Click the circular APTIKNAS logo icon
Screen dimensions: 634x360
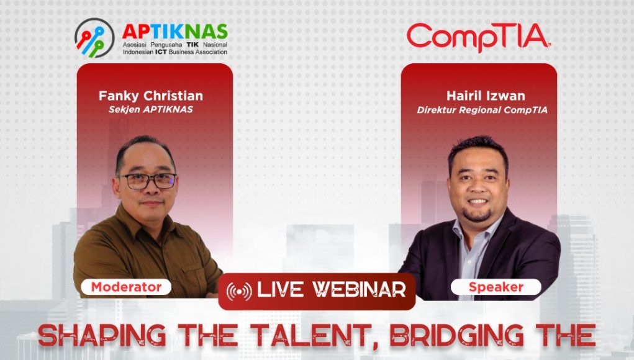click(94, 38)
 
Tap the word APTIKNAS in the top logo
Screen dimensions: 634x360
click(174, 32)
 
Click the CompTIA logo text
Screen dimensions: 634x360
click(479, 37)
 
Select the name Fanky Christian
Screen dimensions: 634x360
click(151, 96)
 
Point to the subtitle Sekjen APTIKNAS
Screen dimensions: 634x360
click(151, 109)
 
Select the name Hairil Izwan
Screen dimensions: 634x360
click(486, 96)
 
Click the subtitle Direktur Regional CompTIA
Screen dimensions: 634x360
click(482, 110)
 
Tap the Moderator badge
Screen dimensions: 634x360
click(126, 287)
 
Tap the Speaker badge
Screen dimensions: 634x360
click(496, 287)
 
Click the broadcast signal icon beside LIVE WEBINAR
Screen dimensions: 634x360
click(239, 291)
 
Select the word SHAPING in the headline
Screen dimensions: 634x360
click(102, 335)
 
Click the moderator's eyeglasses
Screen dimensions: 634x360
click(148, 181)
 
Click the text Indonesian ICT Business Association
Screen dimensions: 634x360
click(175, 52)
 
